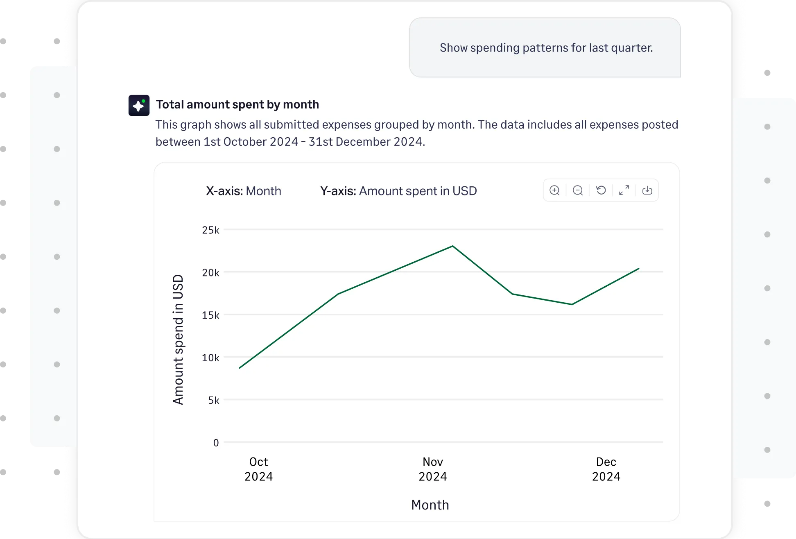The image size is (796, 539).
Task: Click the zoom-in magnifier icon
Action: [554, 190]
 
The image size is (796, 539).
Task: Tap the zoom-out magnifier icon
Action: [578, 190]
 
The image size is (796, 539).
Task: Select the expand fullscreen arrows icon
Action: [624, 190]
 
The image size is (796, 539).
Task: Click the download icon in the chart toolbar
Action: [647, 190]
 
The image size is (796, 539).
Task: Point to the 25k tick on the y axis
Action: [210, 230]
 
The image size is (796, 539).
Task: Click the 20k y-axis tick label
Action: [210, 273]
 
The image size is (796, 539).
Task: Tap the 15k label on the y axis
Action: [210, 315]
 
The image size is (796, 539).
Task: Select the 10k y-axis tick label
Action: [210, 358]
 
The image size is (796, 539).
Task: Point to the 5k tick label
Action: [213, 401]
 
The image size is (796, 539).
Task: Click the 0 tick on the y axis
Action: [216, 443]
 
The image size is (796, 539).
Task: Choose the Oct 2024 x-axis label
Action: [258, 469]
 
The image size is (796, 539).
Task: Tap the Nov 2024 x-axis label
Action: [432, 469]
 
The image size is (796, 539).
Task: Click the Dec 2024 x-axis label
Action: [606, 469]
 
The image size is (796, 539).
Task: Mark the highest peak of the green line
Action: [452, 246]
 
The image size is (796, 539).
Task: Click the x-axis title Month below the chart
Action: [430, 505]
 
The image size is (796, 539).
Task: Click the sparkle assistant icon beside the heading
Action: [139, 105]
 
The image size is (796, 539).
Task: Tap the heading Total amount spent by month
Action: [237, 104]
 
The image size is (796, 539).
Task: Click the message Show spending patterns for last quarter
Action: [546, 48]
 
